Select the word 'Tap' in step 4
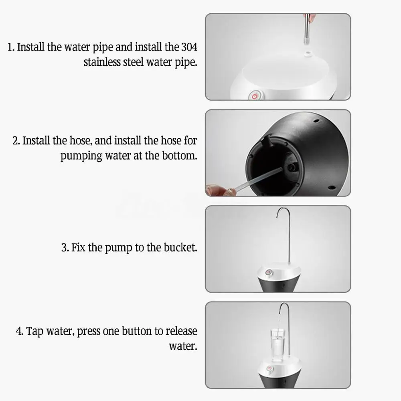point(36,332)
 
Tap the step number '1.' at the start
point(11,47)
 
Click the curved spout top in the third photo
point(283,210)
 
